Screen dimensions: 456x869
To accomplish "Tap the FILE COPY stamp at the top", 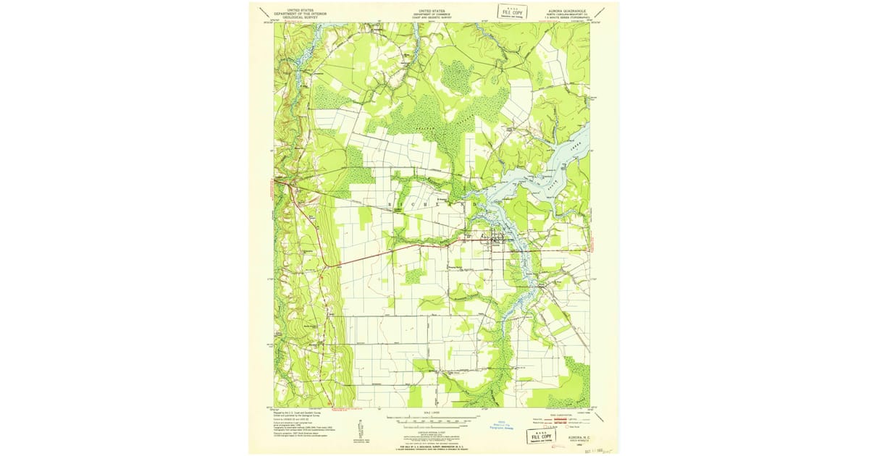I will coord(511,12).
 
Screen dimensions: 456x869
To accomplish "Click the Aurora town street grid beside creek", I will coord(498,237).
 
